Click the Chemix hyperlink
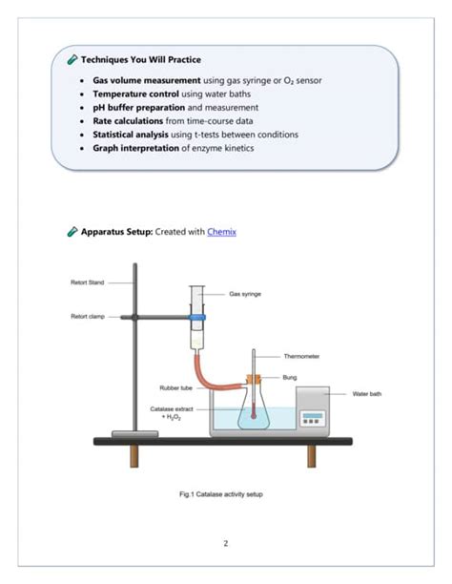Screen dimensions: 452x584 (x=221, y=232)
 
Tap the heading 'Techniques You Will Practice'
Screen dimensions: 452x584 (x=140, y=59)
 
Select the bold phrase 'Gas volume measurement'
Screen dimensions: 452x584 (x=146, y=81)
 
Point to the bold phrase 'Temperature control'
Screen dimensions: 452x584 (x=134, y=94)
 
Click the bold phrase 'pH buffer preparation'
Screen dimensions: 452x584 (x=138, y=108)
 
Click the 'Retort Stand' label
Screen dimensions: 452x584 (x=87, y=282)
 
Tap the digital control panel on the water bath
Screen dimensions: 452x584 (x=313, y=416)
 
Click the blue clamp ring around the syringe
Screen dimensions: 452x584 (x=197, y=316)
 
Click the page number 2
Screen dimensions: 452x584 (x=226, y=544)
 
